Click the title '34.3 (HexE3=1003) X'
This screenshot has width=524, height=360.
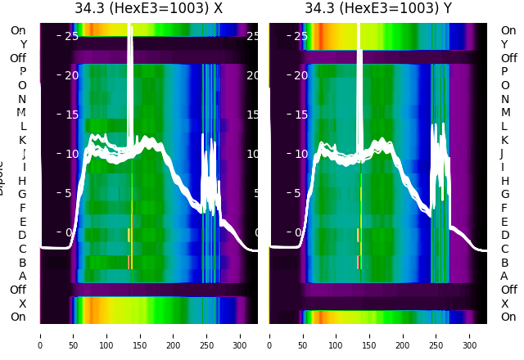pos(148,9)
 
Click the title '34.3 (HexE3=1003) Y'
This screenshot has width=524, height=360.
pos(378,9)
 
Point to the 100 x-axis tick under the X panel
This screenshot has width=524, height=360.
pos(106,335)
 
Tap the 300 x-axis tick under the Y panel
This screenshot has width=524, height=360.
pos(470,335)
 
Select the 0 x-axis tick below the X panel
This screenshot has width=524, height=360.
pos(40,335)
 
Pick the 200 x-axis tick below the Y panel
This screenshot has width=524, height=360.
pos(403,335)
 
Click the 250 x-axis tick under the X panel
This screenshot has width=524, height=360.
pos(207,335)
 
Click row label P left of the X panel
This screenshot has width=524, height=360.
pos(22,72)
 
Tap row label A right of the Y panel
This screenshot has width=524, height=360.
pos(504,276)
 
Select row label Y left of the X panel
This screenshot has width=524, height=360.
pos(23,44)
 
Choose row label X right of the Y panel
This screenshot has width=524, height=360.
pos(504,304)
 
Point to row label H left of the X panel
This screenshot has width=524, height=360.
pos(22,181)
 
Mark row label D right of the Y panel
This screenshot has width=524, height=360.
pos(504,236)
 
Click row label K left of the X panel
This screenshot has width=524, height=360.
pos(22,140)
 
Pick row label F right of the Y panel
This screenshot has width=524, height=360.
pos(504,208)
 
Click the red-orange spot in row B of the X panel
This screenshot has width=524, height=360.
pos(129,262)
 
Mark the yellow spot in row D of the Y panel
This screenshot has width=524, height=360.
pos(358,235)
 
